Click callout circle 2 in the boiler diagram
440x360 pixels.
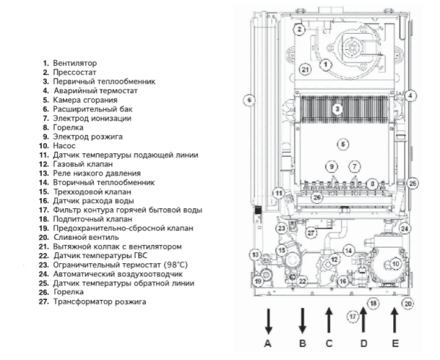(x=299, y=29)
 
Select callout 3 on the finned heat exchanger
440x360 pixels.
(x=337, y=109)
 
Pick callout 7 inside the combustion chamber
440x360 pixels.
(x=354, y=167)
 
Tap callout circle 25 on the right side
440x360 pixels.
(x=413, y=183)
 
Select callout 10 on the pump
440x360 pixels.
(x=395, y=262)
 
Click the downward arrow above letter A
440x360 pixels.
(x=269, y=320)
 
